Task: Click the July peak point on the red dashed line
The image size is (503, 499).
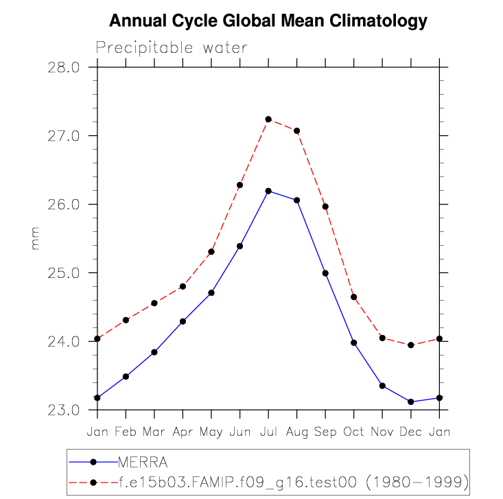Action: coord(268,119)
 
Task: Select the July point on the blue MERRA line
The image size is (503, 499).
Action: coord(268,191)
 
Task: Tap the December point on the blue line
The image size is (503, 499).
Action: coord(411,402)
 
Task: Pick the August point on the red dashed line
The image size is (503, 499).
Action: coord(297,131)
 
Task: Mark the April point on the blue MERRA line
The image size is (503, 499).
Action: coord(183,321)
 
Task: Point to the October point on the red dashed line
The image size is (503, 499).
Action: coord(354,297)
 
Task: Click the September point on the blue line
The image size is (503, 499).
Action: coord(325,273)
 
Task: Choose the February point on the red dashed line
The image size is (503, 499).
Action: coord(126,320)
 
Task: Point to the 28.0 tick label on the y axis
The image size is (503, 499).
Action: coord(64,67)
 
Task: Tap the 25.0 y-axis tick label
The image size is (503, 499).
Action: coord(64,273)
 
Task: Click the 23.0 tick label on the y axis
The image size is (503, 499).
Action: coord(64,410)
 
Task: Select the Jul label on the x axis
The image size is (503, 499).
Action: coord(268,431)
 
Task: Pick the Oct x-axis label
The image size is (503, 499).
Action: coord(354,431)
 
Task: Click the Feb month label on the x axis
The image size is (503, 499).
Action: coord(126,431)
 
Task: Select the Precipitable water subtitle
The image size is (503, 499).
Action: coord(172,47)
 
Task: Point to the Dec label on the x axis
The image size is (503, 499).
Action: coord(411,431)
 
